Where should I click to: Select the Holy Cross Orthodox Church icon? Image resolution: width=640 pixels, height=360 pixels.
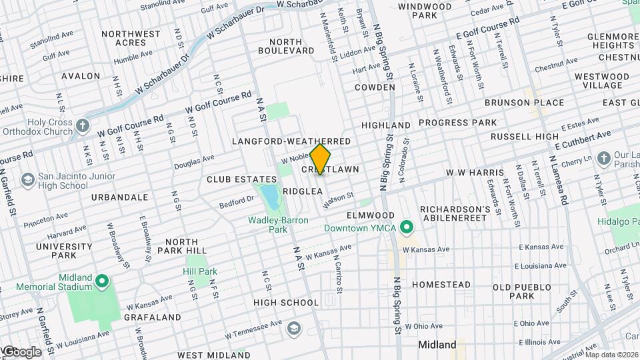point(82,126)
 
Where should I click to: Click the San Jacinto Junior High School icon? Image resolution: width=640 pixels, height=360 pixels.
point(28,180)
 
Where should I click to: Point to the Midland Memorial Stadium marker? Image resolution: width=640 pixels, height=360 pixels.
point(102,282)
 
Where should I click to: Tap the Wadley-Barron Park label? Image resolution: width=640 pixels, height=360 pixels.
point(267,224)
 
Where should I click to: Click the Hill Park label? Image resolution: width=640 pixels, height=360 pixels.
point(201,272)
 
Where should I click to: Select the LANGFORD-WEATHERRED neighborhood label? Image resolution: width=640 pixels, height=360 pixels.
point(291,142)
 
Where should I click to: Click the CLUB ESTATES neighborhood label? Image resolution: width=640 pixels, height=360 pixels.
point(241,179)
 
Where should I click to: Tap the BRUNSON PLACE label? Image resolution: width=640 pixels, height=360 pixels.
point(524,103)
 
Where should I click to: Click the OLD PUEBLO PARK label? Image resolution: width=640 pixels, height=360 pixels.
point(522,291)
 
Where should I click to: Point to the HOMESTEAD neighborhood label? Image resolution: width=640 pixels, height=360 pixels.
point(441,285)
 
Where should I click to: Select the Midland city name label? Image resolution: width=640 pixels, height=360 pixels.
point(437,345)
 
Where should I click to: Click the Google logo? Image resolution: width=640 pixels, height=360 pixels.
point(21,351)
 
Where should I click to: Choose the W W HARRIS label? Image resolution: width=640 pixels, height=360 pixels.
point(472,173)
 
